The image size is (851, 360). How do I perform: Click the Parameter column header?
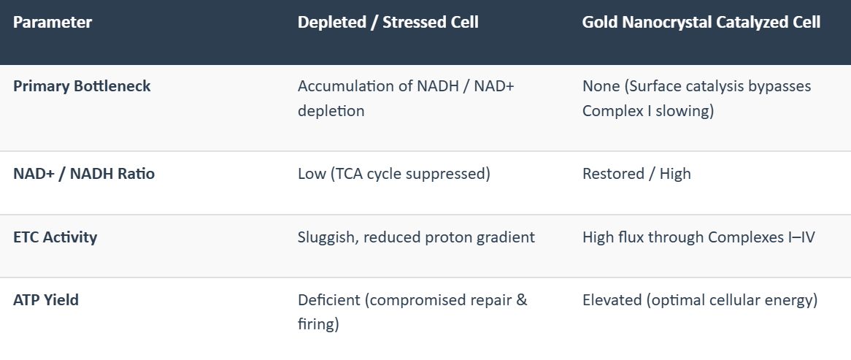coord(53,22)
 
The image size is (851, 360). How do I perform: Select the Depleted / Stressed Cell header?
coord(388,22)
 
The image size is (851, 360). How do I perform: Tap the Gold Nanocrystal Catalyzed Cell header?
coord(701,22)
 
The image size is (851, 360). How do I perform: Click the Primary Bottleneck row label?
coord(82,86)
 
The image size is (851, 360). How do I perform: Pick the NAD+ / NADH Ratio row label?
coord(84,174)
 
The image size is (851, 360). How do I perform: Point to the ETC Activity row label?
coord(55,237)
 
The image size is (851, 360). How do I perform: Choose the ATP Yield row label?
coord(46,299)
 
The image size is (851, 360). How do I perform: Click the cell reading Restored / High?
coord(636,174)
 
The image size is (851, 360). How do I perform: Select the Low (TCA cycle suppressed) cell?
coord(394,174)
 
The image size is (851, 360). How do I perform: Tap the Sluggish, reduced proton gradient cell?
coord(416,237)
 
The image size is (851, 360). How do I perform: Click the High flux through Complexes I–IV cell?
coord(698,237)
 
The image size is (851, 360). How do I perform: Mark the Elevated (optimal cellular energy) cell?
coord(700,299)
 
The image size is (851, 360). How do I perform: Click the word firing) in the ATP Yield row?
coord(319,325)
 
